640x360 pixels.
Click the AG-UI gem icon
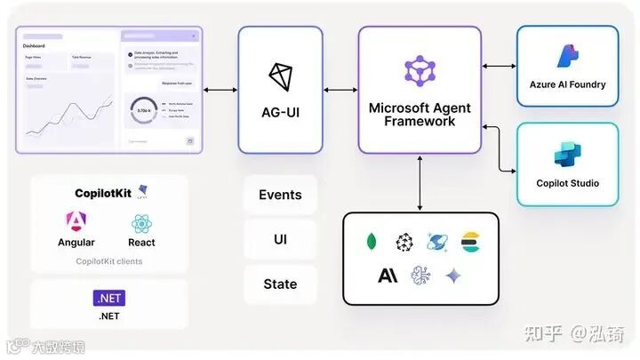(x=280, y=76)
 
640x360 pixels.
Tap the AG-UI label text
(x=280, y=113)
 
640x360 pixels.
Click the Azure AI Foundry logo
(x=567, y=57)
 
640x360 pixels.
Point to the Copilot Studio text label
(x=567, y=183)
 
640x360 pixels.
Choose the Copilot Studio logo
(x=567, y=155)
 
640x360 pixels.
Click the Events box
(x=280, y=195)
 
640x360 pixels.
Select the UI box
(x=280, y=238)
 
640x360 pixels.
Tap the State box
(x=280, y=284)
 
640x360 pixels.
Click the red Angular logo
(x=76, y=221)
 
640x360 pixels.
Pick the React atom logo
(x=141, y=223)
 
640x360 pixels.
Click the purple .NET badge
(x=108, y=298)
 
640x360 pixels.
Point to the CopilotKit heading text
(x=103, y=192)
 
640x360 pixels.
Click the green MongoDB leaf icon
(x=372, y=242)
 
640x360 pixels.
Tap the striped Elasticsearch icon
(x=470, y=242)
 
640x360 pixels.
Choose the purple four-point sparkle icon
(x=453, y=276)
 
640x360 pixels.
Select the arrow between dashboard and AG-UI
(x=220, y=90)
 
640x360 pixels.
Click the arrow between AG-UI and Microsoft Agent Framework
(x=340, y=90)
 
